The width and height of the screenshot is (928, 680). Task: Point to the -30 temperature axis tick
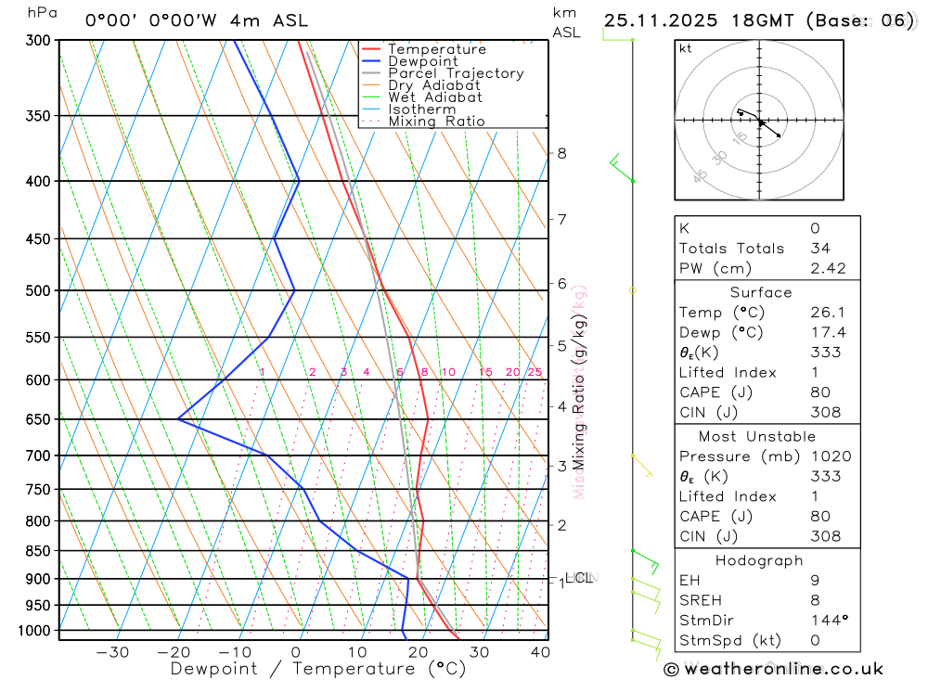[x=112, y=652]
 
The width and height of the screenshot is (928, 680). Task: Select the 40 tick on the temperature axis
[x=538, y=652]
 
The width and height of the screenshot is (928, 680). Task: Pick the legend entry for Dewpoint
[x=423, y=61]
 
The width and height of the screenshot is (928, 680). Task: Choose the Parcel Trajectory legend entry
[x=456, y=73]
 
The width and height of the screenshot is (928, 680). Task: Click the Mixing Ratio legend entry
[x=436, y=122]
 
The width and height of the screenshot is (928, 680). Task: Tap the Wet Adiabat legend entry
[x=435, y=97]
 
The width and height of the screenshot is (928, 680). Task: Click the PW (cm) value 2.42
[x=826, y=268]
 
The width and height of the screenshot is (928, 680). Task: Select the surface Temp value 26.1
[x=825, y=313]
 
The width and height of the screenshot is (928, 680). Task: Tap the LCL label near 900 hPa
[x=579, y=578]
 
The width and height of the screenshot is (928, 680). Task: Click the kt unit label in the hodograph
[x=686, y=48]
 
